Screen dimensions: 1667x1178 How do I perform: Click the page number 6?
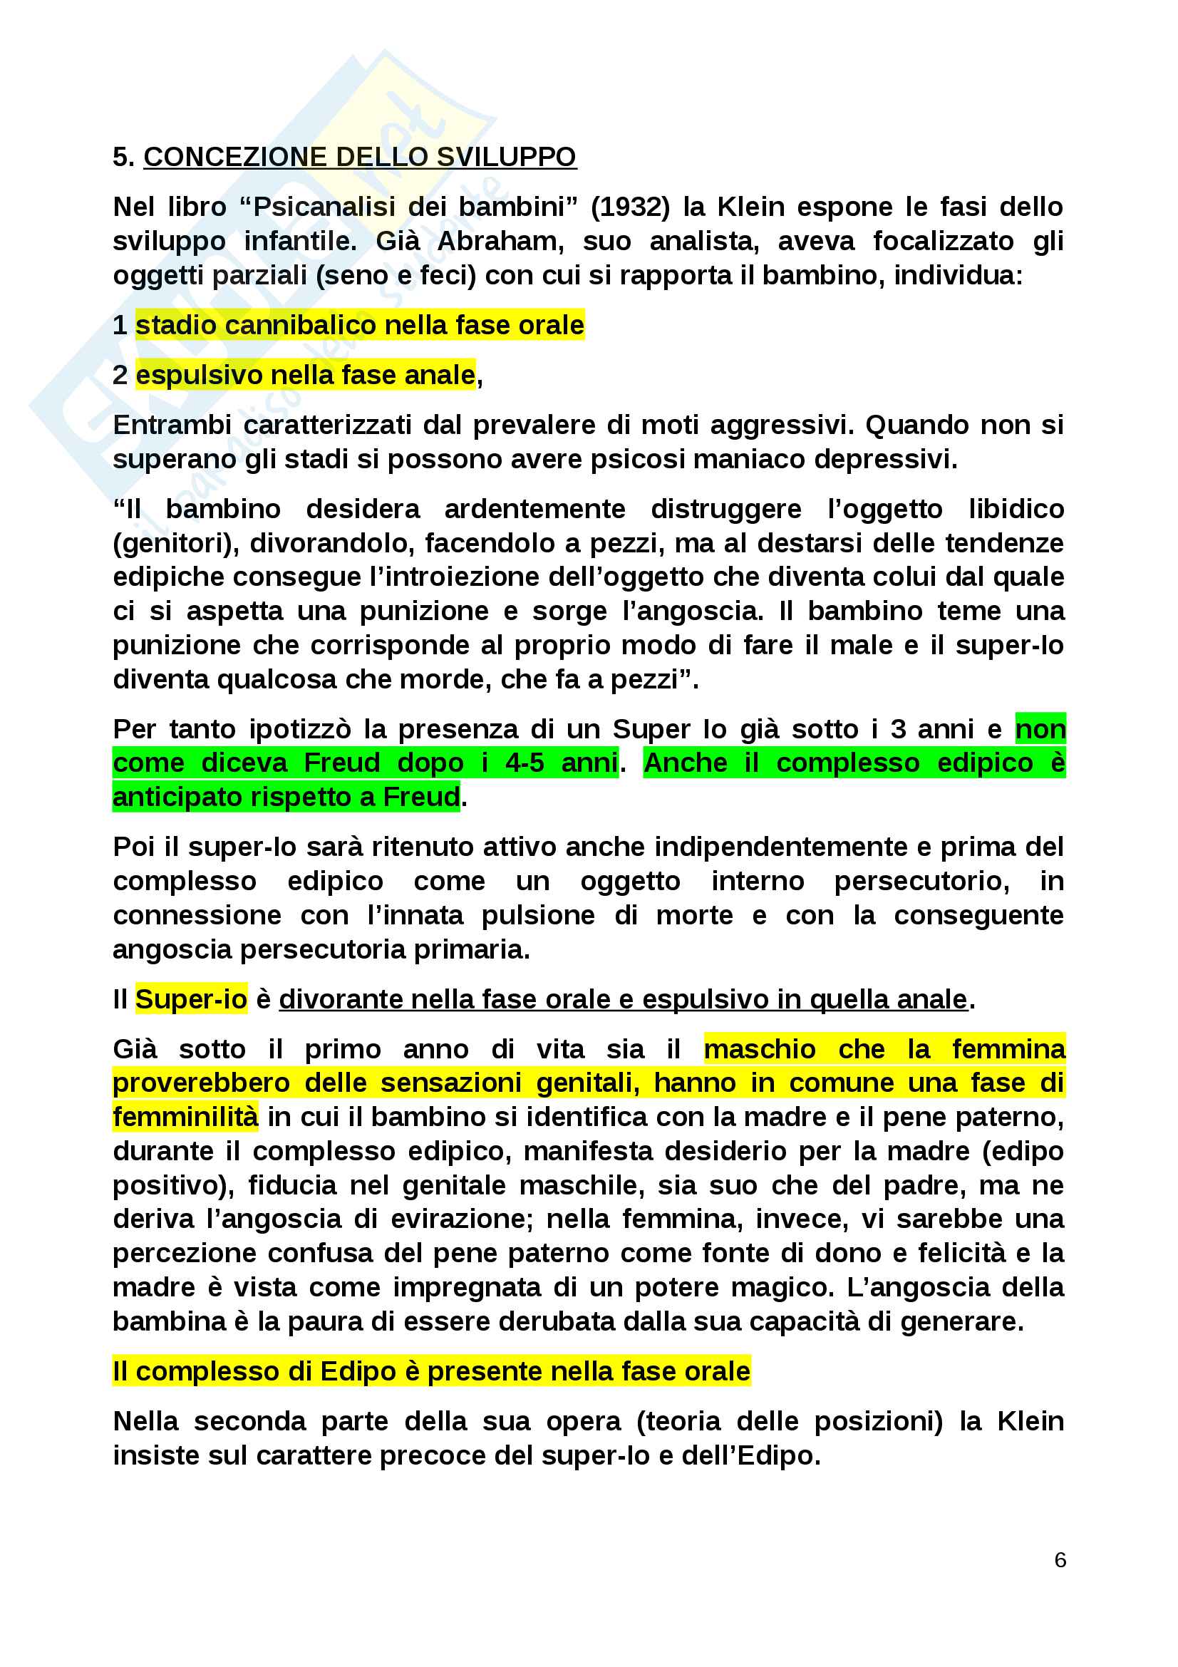(1060, 1559)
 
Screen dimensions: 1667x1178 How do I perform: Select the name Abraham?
(500, 241)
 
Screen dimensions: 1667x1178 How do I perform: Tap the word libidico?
(1016, 509)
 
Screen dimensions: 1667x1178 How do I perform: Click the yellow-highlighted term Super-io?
(191, 1000)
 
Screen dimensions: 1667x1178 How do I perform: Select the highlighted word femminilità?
(185, 1118)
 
